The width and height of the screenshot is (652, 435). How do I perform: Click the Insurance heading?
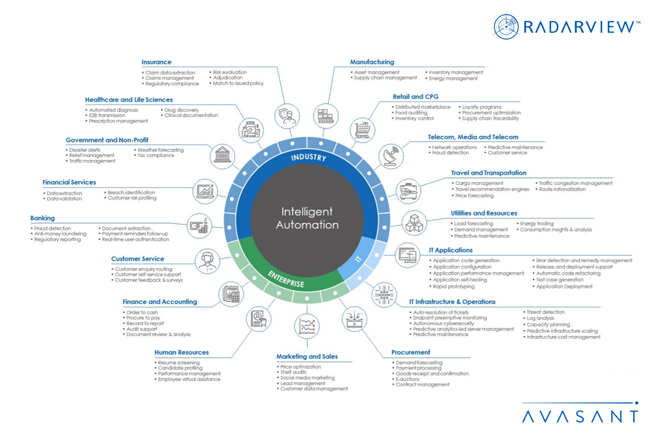pyautogui.click(x=156, y=62)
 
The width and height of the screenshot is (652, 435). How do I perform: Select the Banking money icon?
pyautogui.click(x=199, y=225)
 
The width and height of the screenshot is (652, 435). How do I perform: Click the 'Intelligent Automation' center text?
pyautogui.click(x=307, y=218)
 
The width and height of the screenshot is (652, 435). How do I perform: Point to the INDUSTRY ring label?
pyautogui.click(x=308, y=157)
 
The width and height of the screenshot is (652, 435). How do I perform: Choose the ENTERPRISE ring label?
pyautogui.click(x=286, y=280)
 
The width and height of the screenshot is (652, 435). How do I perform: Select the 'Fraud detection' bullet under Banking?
pyautogui.click(x=53, y=229)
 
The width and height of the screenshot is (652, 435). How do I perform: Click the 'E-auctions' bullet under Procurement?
pyautogui.click(x=407, y=379)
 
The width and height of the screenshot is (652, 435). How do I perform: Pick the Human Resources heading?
pyautogui.click(x=181, y=352)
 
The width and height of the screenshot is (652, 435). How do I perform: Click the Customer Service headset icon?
pyautogui.click(x=208, y=262)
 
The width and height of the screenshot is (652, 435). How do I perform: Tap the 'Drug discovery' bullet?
pyautogui.click(x=181, y=110)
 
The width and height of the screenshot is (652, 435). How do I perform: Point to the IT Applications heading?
pyautogui.click(x=451, y=250)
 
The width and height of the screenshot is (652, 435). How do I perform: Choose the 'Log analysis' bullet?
pyautogui.click(x=541, y=318)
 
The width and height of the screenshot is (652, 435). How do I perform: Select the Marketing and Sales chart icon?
pyautogui.click(x=307, y=326)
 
